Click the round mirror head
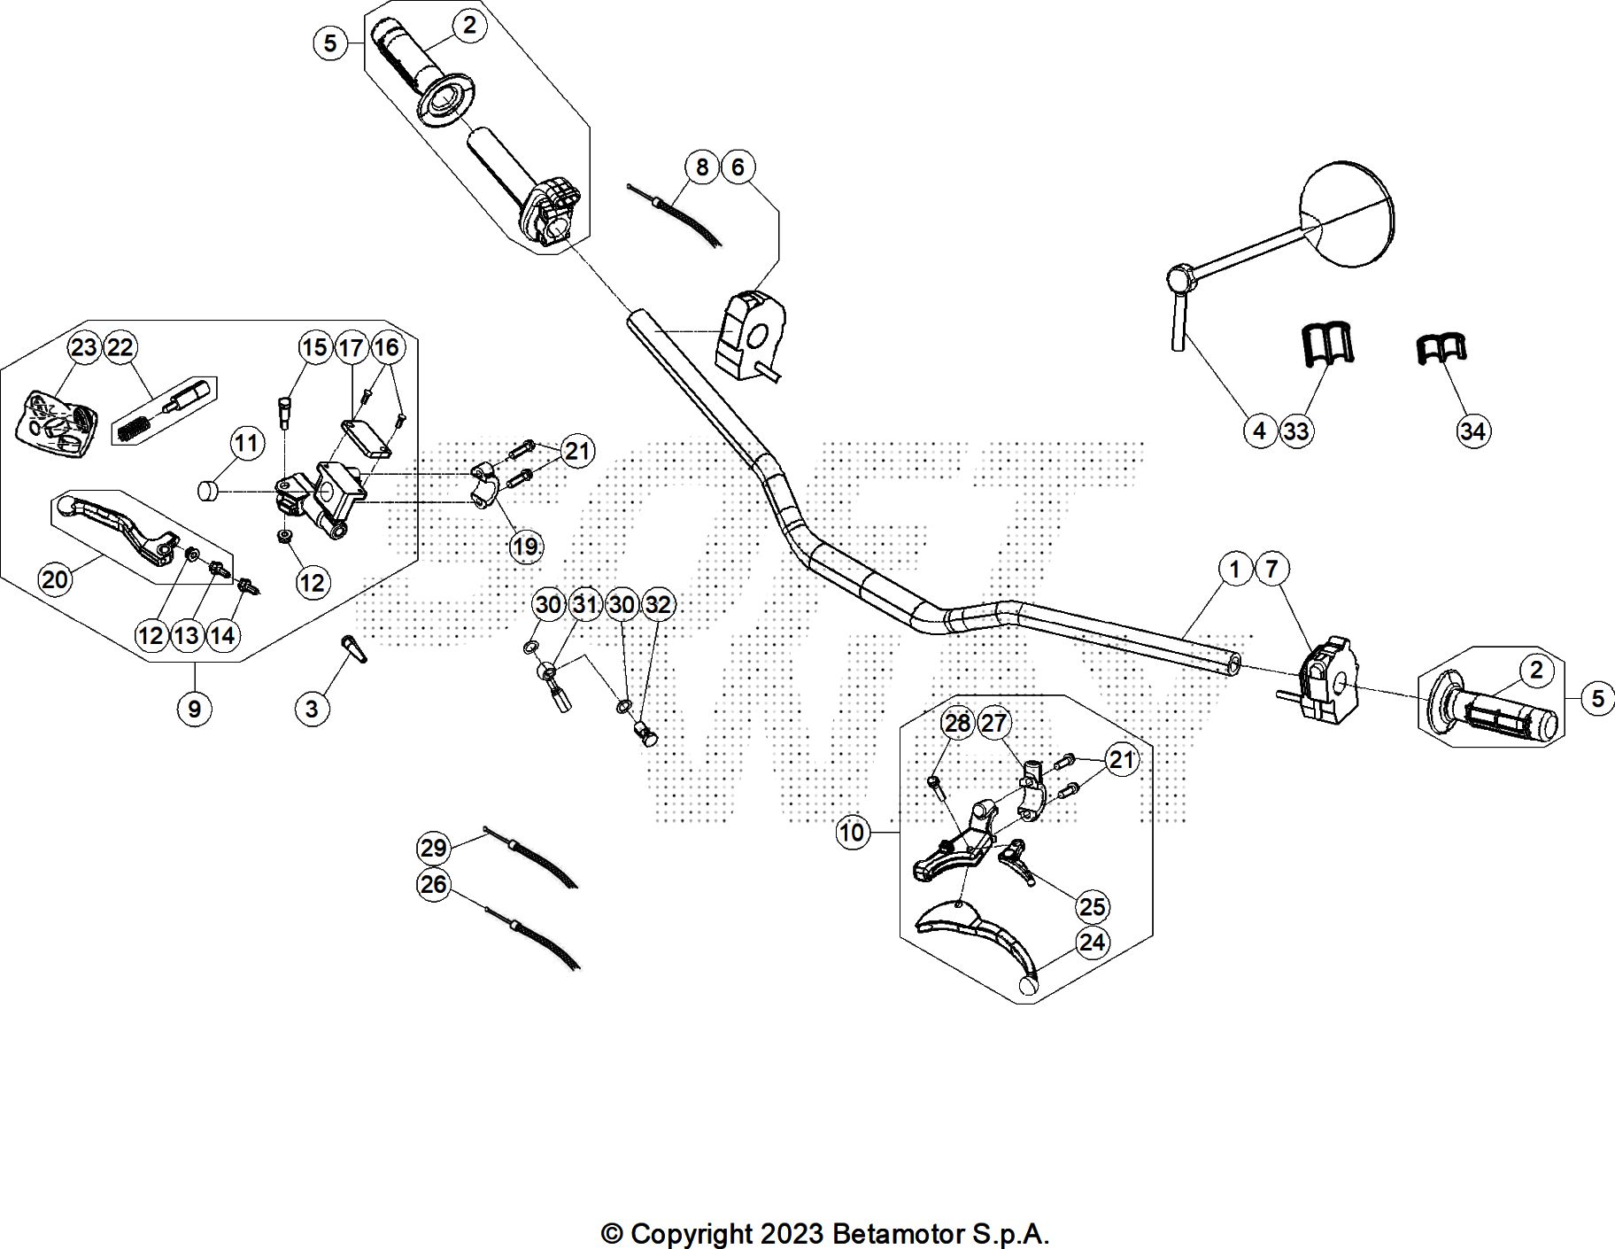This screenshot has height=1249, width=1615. (1347, 214)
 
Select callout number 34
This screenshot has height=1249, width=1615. (1472, 431)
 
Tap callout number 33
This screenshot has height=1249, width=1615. (1296, 431)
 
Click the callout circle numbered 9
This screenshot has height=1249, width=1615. (194, 708)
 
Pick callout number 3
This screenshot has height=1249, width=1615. (312, 708)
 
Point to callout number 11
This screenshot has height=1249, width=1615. (247, 442)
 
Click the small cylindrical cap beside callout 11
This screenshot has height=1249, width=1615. (207, 490)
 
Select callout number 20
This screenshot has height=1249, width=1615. (55, 579)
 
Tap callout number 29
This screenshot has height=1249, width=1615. (433, 848)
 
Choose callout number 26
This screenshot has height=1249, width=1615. (433, 884)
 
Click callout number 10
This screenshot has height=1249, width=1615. (852, 832)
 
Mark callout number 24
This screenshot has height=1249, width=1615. (1093, 942)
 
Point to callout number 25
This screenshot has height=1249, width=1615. (1093, 905)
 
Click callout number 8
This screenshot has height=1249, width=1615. (702, 167)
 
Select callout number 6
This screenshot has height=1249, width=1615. (738, 167)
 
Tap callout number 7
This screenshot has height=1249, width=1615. (1271, 568)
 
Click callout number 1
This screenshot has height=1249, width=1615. (1235, 568)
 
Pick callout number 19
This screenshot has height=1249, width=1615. (525, 546)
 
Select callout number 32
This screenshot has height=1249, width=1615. (658, 605)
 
